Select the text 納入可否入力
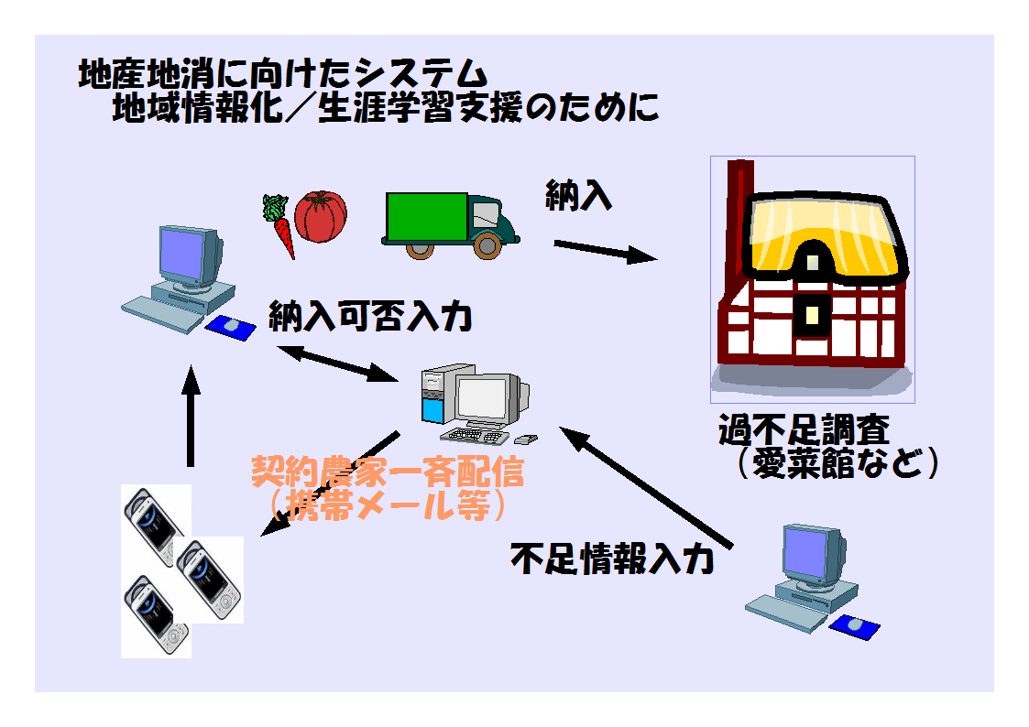pos(370,317)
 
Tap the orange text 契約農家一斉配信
pos(388,473)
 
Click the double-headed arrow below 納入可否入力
pos(334,362)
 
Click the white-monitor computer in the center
pos(476,403)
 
